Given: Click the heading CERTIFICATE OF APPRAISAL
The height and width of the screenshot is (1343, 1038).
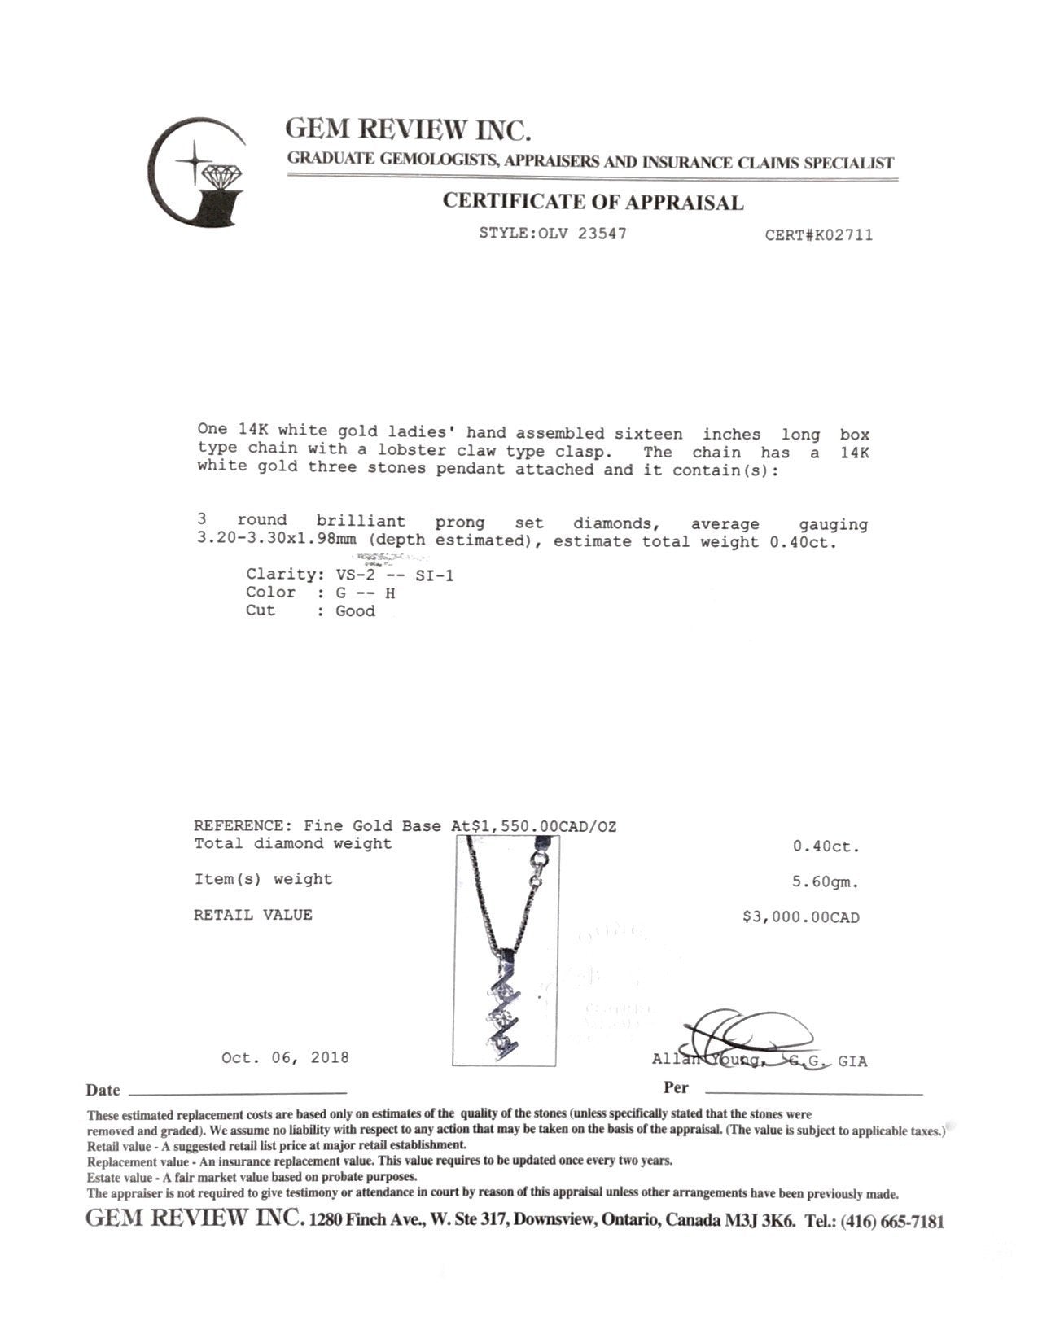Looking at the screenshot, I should pos(593,202).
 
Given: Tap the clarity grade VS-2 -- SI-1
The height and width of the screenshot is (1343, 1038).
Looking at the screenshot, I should pos(395,575).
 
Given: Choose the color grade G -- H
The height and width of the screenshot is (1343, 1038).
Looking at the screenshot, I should pos(366,593).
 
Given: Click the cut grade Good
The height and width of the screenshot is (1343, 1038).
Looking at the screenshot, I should pos(356,611).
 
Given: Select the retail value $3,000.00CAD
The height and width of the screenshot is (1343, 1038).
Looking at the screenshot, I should pos(801,917).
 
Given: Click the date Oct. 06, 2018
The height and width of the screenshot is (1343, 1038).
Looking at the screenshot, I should pos(285,1057).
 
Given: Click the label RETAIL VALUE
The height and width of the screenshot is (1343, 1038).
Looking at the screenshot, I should pos(252,915).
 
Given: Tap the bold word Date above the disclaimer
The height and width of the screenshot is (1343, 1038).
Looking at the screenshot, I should pos(103,1091).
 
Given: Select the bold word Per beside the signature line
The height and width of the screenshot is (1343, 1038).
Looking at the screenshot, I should pos(676,1088).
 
